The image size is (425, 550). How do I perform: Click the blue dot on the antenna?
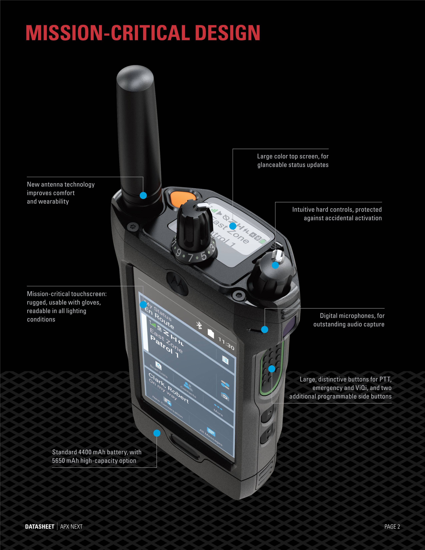[x=143, y=195]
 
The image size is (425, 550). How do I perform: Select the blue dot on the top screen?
[x=233, y=226]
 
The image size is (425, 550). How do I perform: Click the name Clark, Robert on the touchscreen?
[x=168, y=388]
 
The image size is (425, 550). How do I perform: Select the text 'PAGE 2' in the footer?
[x=392, y=526]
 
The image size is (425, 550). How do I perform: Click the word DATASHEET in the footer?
[x=39, y=526]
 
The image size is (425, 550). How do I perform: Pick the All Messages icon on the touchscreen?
[x=211, y=432]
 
